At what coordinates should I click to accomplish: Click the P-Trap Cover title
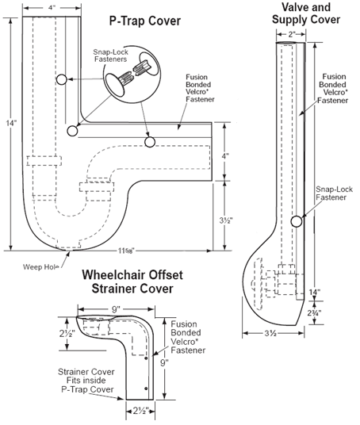(145, 21)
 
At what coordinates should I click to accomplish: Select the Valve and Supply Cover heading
(306, 13)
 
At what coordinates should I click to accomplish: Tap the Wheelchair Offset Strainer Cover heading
(132, 281)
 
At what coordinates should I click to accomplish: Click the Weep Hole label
(41, 267)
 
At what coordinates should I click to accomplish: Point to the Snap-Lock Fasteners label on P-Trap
(110, 56)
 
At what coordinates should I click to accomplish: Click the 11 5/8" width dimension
(126, 251)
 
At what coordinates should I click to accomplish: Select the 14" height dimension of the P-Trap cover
(11, 123)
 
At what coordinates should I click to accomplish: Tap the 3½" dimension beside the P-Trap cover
(226, 220)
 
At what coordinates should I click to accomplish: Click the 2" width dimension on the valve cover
(292, 34)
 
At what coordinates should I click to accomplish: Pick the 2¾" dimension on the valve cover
(314, 312)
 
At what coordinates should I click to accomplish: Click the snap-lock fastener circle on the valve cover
(297, 221)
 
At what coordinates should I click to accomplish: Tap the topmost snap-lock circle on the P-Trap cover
(62, 79)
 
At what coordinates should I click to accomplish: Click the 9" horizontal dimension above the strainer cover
(116, 309)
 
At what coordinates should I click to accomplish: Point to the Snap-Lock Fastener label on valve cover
(334, 193)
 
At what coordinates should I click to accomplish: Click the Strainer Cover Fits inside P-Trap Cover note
(86, 381)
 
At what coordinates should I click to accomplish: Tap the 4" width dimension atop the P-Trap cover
(52, 8)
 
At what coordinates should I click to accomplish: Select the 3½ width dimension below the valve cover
(270, 333)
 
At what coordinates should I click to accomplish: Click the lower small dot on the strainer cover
(146, 389)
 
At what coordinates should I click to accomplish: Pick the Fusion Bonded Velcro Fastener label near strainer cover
(188, 337)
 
